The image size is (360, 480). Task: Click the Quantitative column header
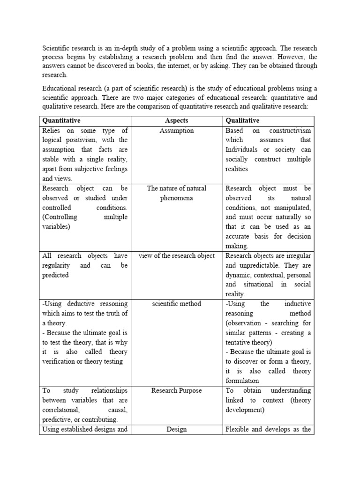coord(61,120)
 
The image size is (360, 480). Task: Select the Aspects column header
coord(176,120)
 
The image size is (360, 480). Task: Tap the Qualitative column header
coord(242,120)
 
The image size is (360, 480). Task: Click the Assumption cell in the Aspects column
coord(176,130)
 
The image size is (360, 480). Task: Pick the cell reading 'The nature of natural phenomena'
coord(176,193)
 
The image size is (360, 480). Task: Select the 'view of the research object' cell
coord(176,255)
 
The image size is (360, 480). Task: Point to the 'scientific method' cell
coord(176,304)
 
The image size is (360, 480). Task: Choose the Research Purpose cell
coord(176,390)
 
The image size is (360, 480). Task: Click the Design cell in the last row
coord(176,429)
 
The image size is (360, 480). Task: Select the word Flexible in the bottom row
coord(238,429)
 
